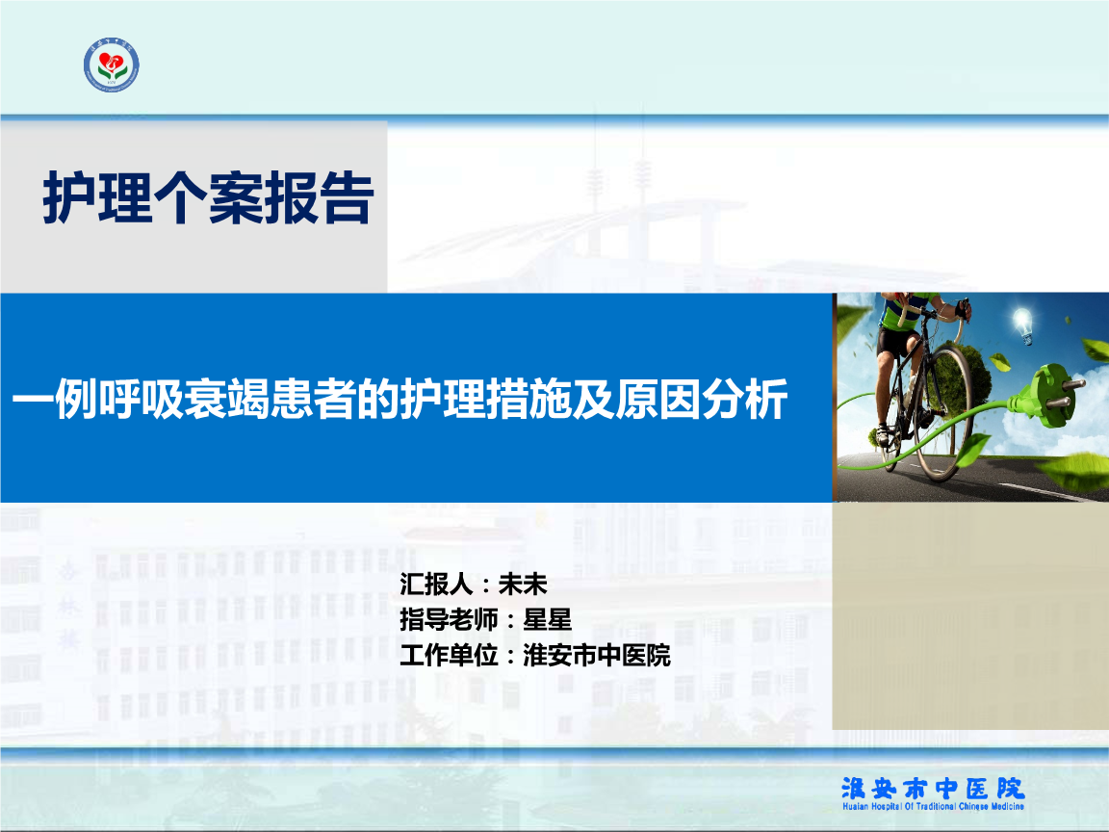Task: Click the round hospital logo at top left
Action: pyautogui.click(x=111, y=65)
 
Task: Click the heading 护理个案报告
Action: pyautogui.click(x=208, y=198)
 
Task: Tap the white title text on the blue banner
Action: pyautogui.click(x=400, y=399)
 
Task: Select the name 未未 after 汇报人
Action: pyautogui.click(x=523, y=585)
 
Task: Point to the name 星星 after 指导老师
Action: pyautogui.click(x=547, y=620)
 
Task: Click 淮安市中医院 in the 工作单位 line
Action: pyautogui.click(x=596, y=655)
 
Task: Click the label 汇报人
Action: pyautogui.click(x=436, y=585)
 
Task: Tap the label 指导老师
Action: pyautogui.click(x=449, y=620)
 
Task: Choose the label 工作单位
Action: pyautogui.click(x=449, y=655)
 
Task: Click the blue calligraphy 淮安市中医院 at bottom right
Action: pyautogui.click(x=933, y=788)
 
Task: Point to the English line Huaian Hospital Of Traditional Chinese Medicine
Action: pyautogui.click(x=933, y=807)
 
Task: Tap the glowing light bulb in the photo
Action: pyautogui.click(x=1022, y=325)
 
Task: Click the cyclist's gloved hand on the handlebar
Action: pyautogui.click(x=962, y=309)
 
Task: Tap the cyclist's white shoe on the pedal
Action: pyautogui.click(x=883, y=434)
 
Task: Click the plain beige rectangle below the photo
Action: pyautogui.click(x=970, y=615)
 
